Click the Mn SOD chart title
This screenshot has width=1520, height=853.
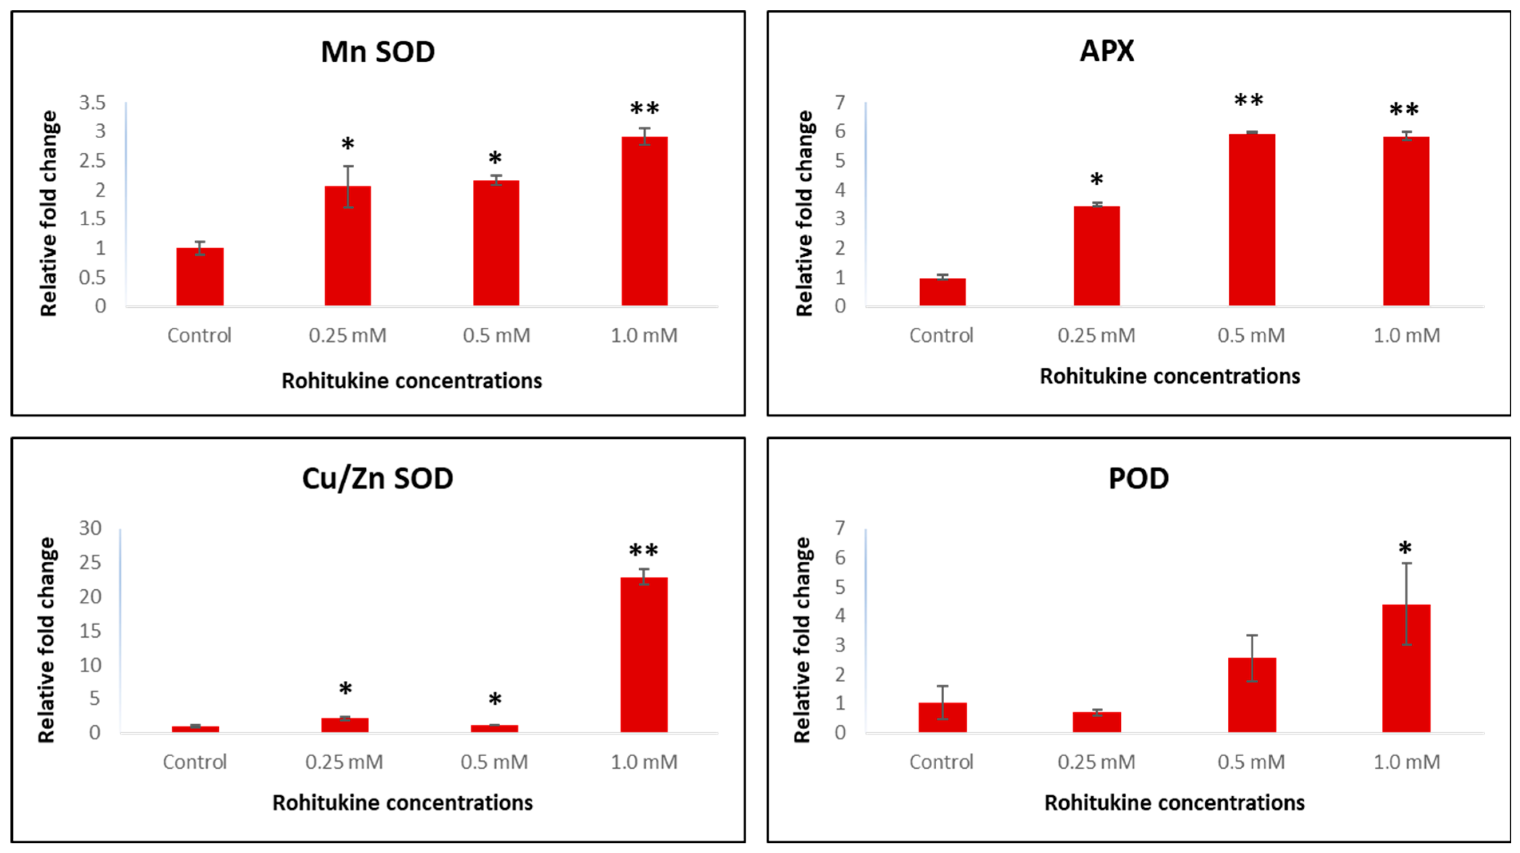tap(378, 52)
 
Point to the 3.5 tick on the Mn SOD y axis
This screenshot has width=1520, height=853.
tap(93, 103)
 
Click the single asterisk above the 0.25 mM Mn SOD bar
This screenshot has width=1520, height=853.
tap(347, 144)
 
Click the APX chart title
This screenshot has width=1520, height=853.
tap(1107, 51)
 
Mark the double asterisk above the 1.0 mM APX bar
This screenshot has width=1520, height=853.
tap(1404, 110)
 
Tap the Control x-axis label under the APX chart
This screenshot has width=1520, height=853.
tap(941, 335)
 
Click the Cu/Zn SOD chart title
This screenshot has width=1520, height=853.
tap(378, 478)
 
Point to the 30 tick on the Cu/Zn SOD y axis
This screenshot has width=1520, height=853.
tap(90, 528)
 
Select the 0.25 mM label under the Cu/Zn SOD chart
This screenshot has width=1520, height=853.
tap(344, 762)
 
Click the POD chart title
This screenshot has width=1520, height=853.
tap(1139, 478)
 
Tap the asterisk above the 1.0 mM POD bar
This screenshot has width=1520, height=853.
tap(1405, 549)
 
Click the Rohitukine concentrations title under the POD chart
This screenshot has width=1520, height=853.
tap(1174, 803)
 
